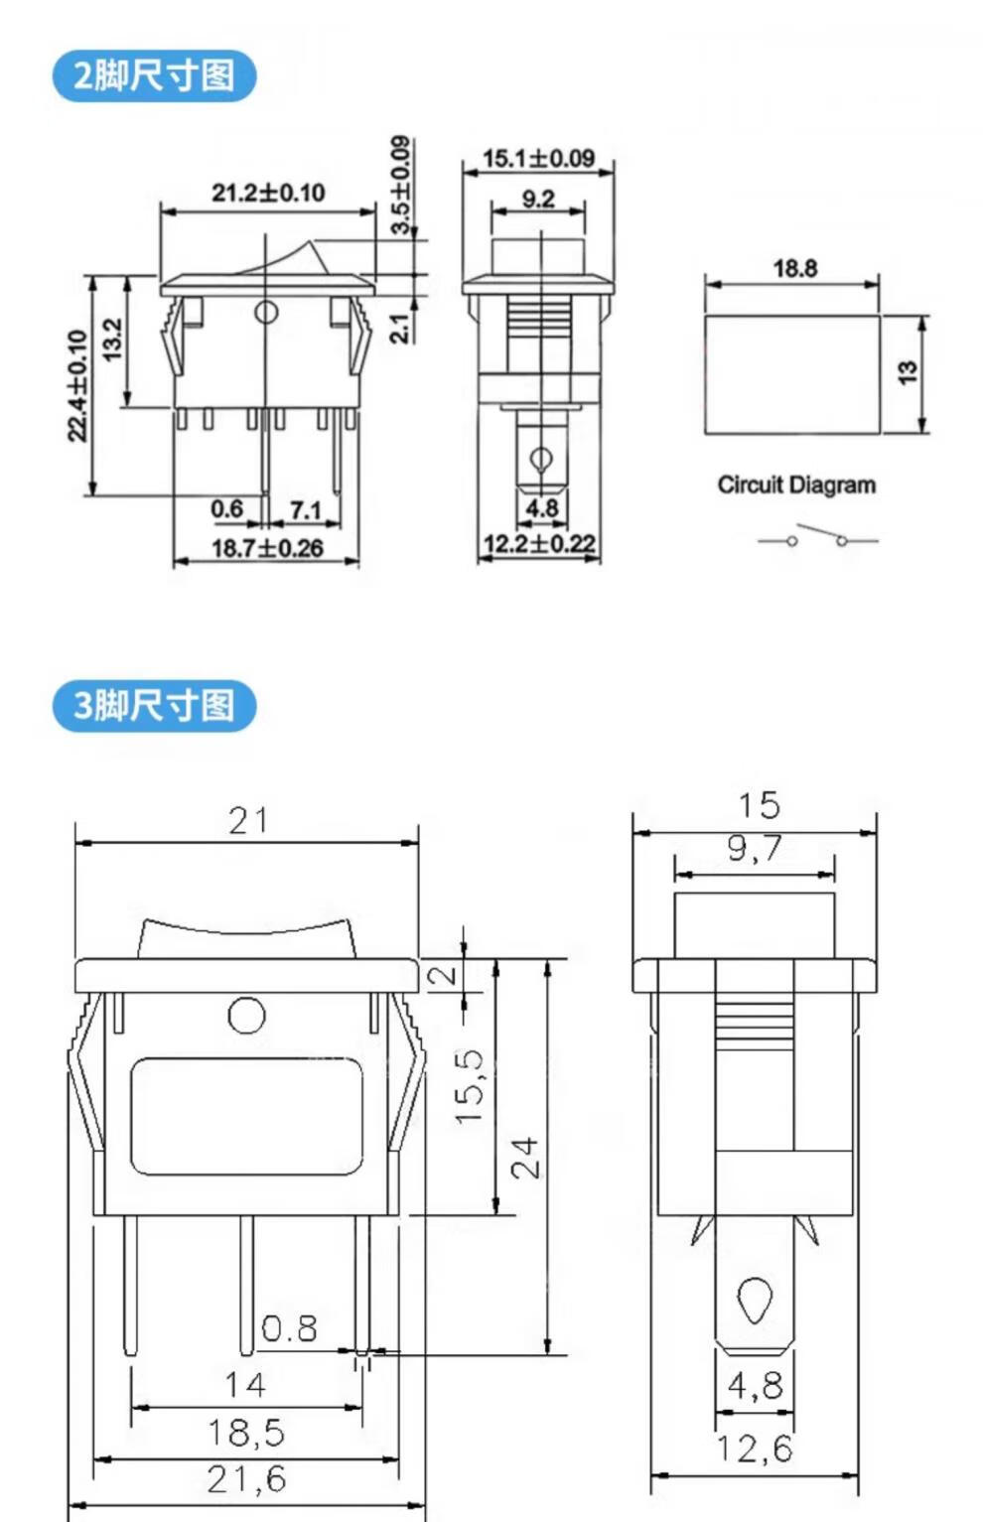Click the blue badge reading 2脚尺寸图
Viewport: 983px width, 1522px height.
154,75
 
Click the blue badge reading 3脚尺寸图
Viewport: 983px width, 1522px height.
154,705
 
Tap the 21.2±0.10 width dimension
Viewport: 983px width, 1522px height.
268,193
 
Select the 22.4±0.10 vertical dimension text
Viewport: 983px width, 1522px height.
78,386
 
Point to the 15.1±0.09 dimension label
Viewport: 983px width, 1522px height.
539,158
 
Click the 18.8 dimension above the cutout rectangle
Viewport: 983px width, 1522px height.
794,269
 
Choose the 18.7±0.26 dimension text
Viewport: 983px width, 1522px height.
267,548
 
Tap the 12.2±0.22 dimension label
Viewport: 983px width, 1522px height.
539,544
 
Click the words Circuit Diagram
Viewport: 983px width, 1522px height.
796,485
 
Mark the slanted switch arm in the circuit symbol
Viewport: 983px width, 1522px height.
821,532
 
